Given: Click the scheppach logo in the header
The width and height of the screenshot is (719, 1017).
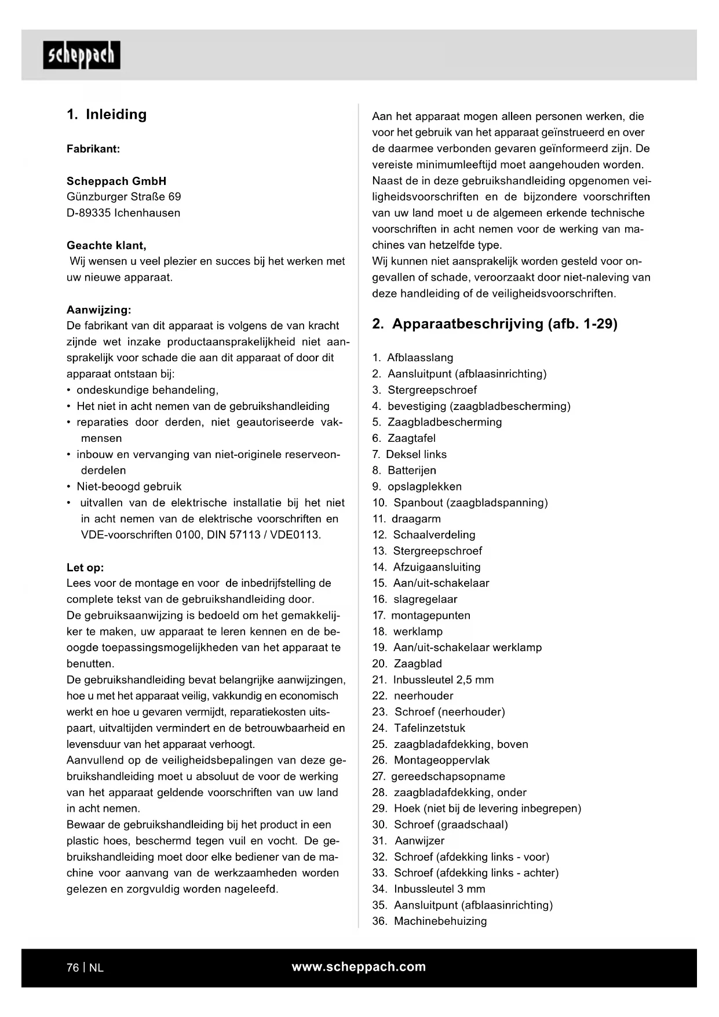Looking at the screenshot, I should coord(82,55).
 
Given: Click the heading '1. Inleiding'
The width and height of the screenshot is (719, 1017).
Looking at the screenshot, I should coord(107,114).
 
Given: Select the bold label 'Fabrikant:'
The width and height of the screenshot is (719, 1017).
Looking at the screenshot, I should coord(93,148).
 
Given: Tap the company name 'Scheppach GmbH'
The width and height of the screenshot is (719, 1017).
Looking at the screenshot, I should coord(116,181).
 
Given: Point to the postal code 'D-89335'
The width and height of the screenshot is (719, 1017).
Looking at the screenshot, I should coord(89,213).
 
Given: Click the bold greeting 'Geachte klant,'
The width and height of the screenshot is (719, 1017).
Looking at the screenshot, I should coord(106,245).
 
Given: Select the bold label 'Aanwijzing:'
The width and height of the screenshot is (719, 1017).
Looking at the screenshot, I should coord(98,310).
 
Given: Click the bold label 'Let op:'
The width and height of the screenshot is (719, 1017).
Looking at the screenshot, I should coord(85,568).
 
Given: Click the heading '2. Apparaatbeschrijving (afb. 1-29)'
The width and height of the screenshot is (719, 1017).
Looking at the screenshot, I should coord(495,324).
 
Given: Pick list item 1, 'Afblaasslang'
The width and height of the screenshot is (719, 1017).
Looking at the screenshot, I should coord(420,358).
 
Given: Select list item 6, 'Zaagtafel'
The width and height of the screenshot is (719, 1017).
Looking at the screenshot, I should coord(411,438).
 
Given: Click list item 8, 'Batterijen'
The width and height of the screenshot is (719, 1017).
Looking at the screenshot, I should coord(412,470).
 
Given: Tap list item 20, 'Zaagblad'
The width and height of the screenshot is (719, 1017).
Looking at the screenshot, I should coord(418,663).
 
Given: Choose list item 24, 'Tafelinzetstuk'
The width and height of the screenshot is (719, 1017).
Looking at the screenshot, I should coord(429,728).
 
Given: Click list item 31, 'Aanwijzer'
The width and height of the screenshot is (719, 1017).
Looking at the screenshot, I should coord(419,841).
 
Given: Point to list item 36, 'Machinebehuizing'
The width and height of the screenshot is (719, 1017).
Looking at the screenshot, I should coord(440,921).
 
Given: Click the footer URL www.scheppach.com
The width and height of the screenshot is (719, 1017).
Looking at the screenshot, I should coord(359,967).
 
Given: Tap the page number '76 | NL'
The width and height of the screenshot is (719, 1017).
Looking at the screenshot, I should coord(85,967).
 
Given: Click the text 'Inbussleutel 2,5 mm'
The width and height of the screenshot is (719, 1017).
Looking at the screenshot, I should coord(443,680).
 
